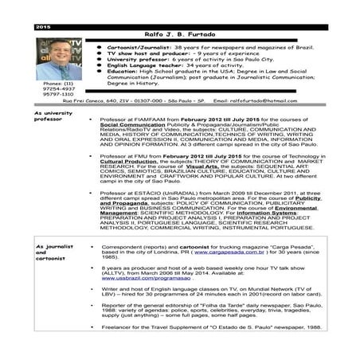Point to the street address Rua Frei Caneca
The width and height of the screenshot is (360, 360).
[84, 101]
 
